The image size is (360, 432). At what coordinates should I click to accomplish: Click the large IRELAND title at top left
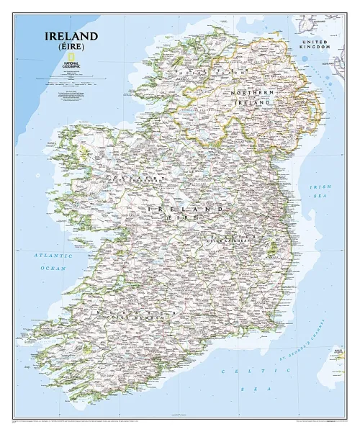point(71,35)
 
